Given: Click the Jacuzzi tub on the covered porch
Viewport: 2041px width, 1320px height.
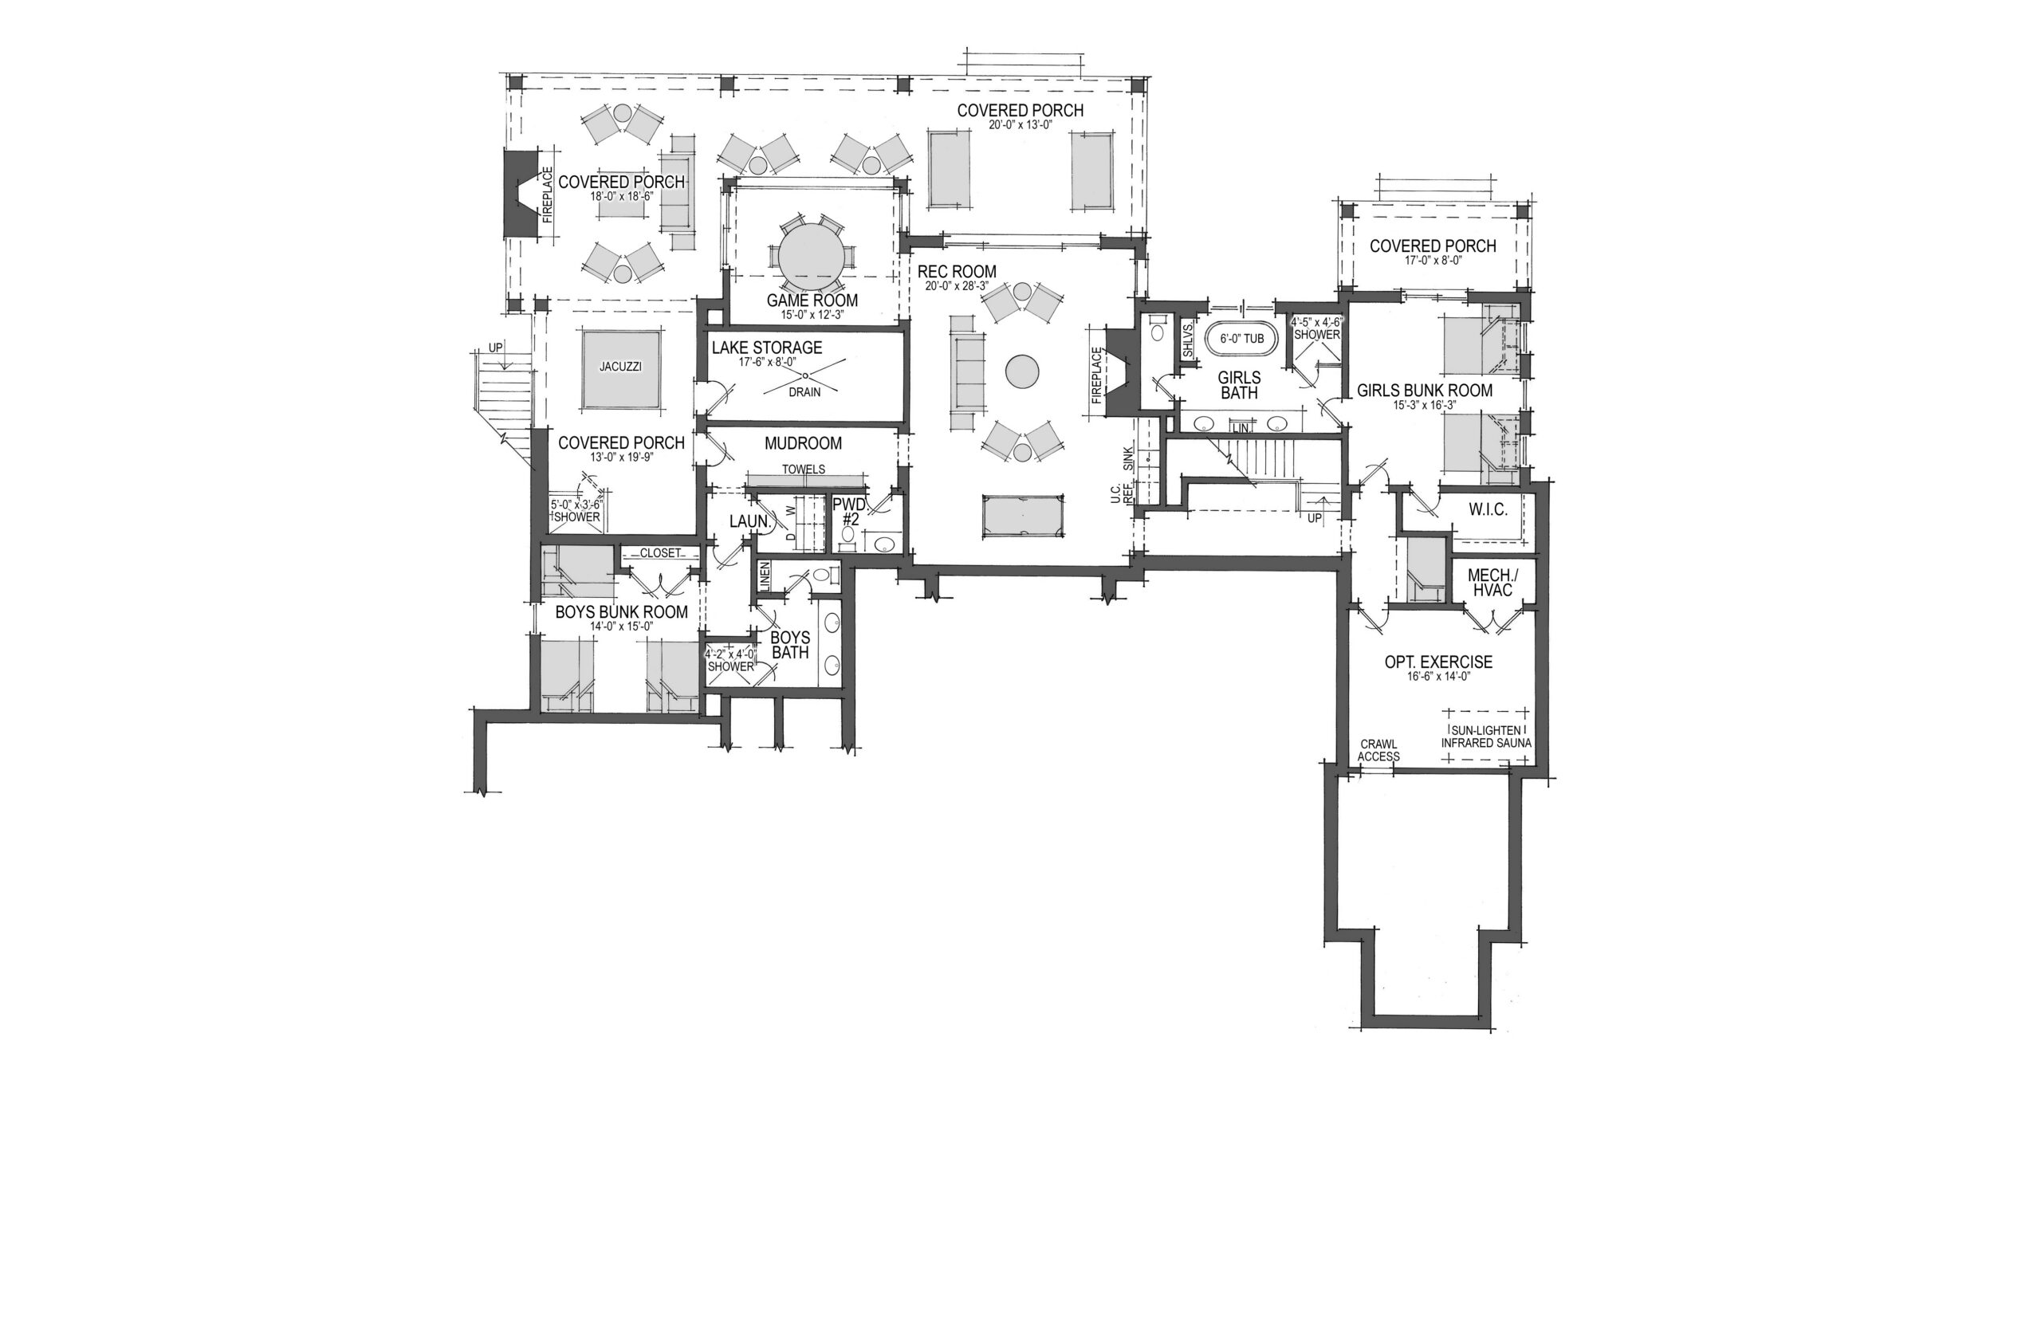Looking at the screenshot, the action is tap(620, 368).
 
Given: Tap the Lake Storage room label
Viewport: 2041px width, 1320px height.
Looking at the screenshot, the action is tap(766, 348).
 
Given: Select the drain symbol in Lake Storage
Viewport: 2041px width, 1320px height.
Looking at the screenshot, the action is tap(805, 376).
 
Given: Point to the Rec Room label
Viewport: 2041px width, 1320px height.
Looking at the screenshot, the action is tap(957, 272).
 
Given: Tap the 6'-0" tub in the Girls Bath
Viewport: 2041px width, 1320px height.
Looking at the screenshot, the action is tap(1241, 339).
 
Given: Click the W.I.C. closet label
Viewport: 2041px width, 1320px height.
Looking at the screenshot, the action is tap(1488, 510).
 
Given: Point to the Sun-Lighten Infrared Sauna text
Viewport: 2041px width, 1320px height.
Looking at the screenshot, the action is tap(1485, 737).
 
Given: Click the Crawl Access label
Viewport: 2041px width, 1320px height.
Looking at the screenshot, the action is tap(1378, 750).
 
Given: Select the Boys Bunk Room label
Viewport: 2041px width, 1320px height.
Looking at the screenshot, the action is tap(622, 613).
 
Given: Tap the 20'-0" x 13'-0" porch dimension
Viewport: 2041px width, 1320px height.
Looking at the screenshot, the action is tap(1020, 125).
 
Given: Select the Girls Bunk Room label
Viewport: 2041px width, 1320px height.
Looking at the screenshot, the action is tap(1425, 391).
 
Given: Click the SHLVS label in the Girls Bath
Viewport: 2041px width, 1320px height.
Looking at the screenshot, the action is tap(1188, 341).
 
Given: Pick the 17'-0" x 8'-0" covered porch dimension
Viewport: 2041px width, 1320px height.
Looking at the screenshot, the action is tap(1433, 261).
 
